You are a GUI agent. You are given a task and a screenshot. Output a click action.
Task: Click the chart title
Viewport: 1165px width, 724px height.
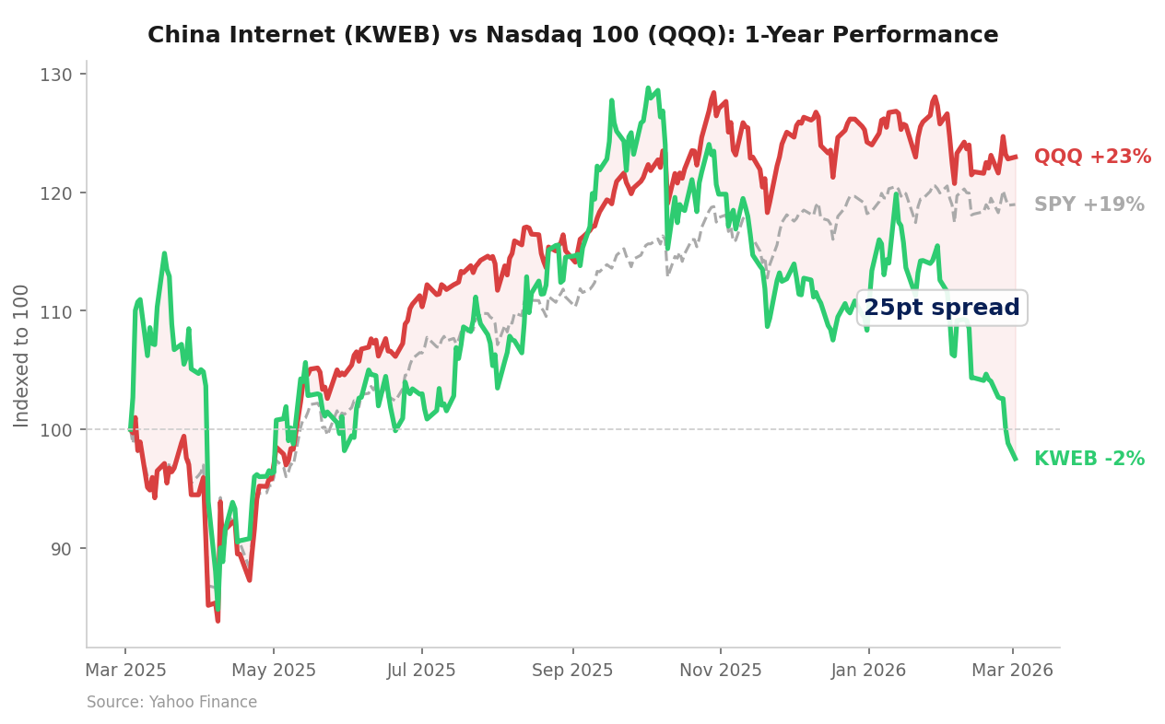[x=572, y=35]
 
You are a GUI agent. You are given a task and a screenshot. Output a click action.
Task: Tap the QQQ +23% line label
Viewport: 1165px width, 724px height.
[x=1092, y=157]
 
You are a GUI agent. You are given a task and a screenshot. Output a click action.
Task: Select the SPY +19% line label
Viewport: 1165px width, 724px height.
[x=1089, y=204]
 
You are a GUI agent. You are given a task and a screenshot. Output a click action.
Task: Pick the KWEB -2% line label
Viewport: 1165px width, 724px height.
[x=1089, y=459]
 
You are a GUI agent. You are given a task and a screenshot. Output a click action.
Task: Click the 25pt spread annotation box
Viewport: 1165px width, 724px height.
[x=941, y=308]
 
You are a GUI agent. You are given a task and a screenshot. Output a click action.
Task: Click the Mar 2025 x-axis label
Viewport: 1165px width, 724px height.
[x=125, y=671]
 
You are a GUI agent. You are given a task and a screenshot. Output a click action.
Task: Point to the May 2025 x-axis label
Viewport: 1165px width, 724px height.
[x=274, y=671]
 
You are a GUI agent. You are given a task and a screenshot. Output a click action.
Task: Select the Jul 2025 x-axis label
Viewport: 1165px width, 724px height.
[x=421, y=671]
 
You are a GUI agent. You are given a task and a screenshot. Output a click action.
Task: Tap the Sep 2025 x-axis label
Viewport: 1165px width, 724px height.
[x=572, y=671]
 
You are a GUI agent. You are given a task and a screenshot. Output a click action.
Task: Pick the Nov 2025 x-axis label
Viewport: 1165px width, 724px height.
[x=721, y=671]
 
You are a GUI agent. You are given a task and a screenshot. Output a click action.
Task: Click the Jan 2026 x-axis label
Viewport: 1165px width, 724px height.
[x=868, y=671]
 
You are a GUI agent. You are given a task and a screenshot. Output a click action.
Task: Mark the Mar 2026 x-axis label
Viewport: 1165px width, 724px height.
[x=1012, y=671]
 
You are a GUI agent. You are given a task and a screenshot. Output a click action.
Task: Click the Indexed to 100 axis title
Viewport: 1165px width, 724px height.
[x=22, y=356]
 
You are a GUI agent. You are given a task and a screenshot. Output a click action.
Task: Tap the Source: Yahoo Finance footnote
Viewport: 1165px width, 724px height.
[x=171, y=702]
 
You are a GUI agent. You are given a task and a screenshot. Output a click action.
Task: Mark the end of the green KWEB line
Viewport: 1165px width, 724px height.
[x=1016, y=459]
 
